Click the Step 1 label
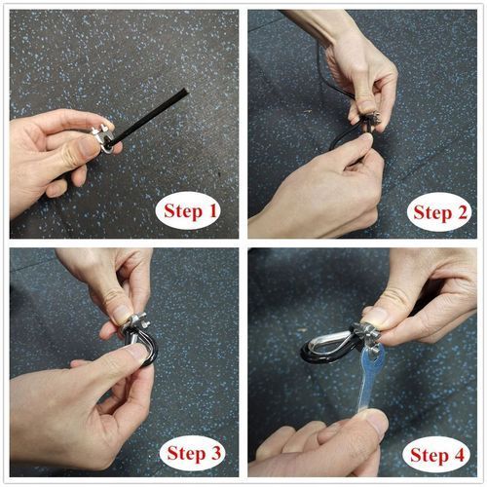point(190,211)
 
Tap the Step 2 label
point(440,212)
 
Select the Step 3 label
point(194,453)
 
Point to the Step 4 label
point(437,455)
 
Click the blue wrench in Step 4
point(370,378)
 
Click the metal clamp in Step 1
point(103,138)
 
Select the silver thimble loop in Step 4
point(328,346)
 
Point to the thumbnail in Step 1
point(88,147)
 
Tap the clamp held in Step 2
point(370,122)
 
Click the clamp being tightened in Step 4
point(368,334)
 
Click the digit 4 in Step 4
point(459,455)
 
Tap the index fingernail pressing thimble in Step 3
point(137,352)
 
